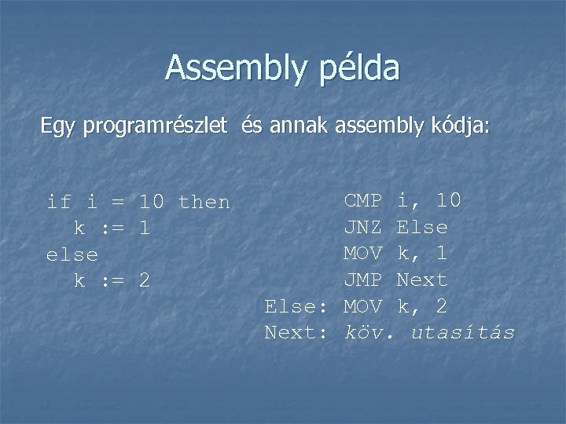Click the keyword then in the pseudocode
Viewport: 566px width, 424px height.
(204, 203)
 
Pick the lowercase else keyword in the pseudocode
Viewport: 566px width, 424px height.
(73, 255)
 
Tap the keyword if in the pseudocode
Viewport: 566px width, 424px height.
(60, 203)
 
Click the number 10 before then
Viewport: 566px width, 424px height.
(152, 203)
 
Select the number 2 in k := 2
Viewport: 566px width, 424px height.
(145, 281)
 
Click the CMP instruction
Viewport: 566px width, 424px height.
(363, 201)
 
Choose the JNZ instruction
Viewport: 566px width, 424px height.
(363, 228)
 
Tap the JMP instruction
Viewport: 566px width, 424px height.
(363, 280)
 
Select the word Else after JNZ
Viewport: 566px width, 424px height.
(423, 228)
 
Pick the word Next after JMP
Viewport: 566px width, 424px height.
(423, 280)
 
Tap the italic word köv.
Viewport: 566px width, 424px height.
(367, 332)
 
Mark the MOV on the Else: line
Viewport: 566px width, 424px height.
(363, 306)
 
